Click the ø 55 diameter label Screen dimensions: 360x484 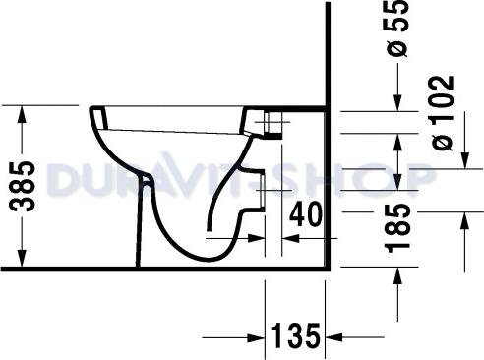[398, 30]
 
